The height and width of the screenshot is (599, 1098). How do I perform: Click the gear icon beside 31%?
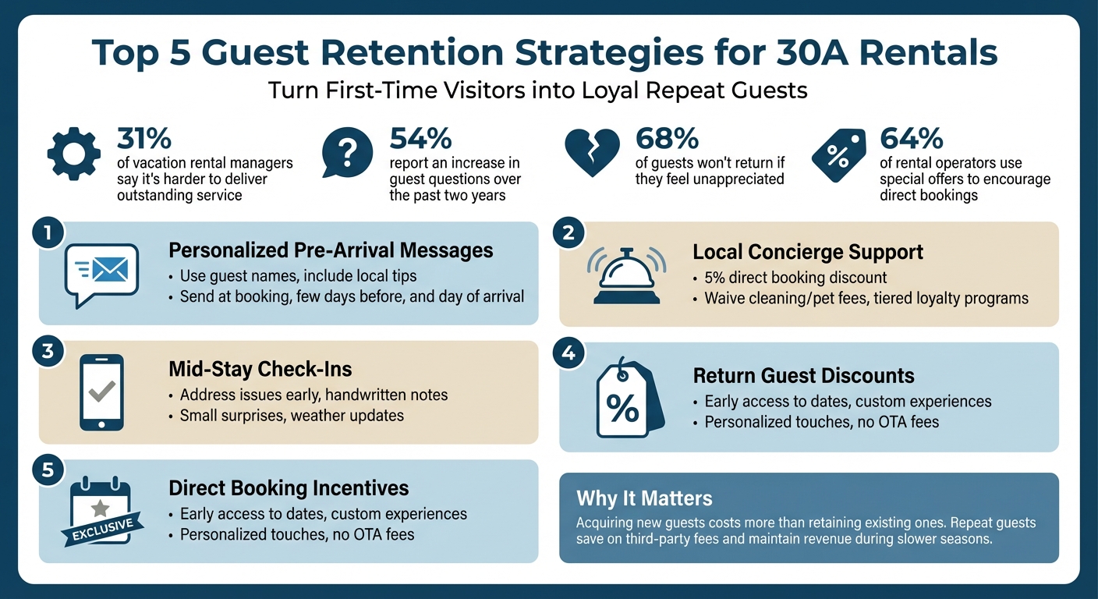click(x=74, y=154)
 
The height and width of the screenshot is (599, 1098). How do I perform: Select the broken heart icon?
click(x=593, y=152)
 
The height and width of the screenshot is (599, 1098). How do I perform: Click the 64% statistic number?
click(x=912, y=139)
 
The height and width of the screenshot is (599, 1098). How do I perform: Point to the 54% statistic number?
click(x=421, y=139)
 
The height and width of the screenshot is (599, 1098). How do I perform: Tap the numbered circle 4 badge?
click(x=568, y=353)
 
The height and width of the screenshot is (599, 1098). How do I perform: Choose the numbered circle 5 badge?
click(x=48, y=470)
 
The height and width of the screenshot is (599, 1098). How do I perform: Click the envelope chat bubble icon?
click(x=102, y=273)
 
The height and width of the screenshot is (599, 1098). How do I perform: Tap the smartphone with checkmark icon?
click(x=101, y=392)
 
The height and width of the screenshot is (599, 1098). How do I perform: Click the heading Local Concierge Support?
click(x=808, y=252)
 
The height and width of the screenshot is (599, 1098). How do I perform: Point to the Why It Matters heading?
click(x=644, y=498)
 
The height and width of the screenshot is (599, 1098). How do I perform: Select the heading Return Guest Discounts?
click(x=803, y=376)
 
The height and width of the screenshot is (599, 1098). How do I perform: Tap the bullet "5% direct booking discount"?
click(x=795, y=278)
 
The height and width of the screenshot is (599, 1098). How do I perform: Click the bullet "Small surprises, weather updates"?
click(x=292, y=415)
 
